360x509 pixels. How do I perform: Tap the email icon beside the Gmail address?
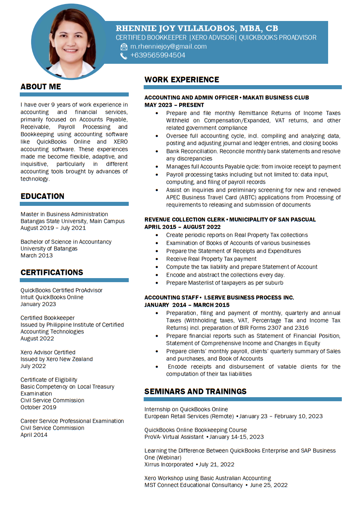point(124,47)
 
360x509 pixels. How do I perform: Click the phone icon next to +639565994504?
point(124,56)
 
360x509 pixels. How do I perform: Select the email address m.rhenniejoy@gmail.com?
point(168,46)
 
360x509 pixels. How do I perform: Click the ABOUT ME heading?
point(41,87)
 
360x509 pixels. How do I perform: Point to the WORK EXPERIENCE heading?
point(182,80)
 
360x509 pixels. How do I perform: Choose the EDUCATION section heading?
point(42,196)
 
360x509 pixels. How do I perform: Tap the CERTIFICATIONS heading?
point(52,272)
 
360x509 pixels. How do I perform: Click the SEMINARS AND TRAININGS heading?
point(195,392)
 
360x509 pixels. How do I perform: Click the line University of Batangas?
point(49,249)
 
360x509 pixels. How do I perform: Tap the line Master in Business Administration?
point(64,214)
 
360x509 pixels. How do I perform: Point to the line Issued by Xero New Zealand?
point(57,359)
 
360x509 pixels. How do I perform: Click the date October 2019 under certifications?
point(38,407)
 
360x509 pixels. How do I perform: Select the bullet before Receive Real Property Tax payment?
point(157,259)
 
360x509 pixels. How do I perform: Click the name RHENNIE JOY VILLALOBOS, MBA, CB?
point(197,28)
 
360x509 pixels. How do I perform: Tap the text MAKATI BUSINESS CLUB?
point(276,98)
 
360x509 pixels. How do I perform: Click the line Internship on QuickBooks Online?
point(186,409)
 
